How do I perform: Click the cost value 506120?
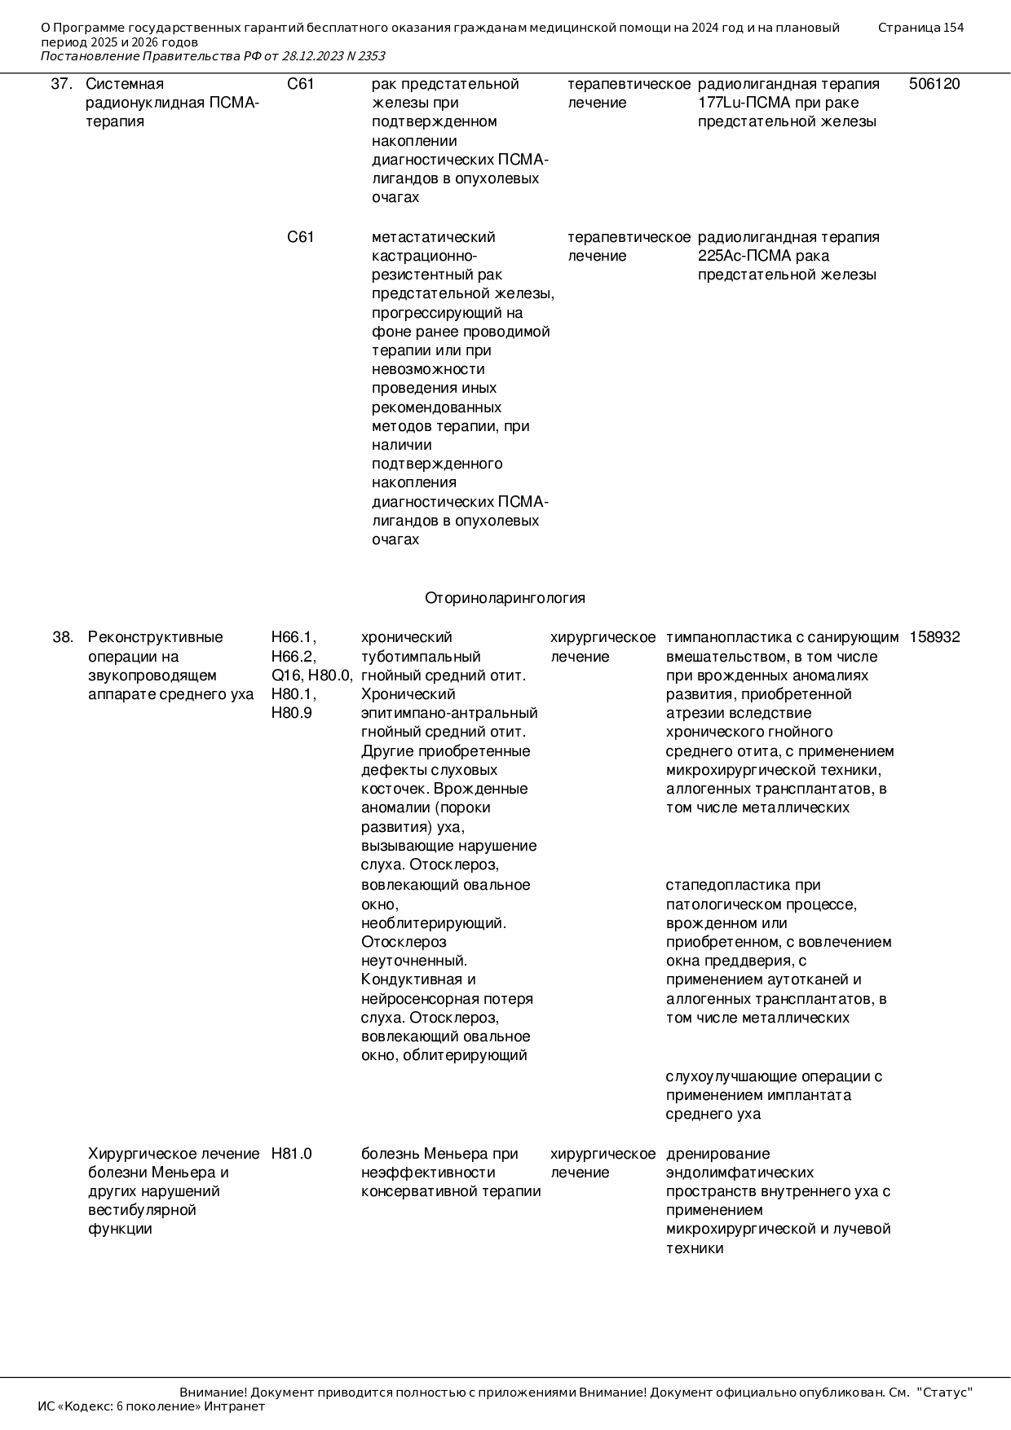tap(934, 84)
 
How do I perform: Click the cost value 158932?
tap(934, 637)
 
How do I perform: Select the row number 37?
tap(62, 84)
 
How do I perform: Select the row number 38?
tap(63, 637)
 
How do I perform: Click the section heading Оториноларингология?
tap(505, 598)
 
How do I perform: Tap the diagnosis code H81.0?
tap(291, 1154)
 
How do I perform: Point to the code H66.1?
tap(294, 637)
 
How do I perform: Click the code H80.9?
tap(291, 713)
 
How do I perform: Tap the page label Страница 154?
tap(920, 28)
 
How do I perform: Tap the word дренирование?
tap(706, 1154)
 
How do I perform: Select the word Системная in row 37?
tap(125, 84)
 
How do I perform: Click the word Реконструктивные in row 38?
tap(155, 637)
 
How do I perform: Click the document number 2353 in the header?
tap(371, 56)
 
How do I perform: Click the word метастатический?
tap(433, 237)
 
